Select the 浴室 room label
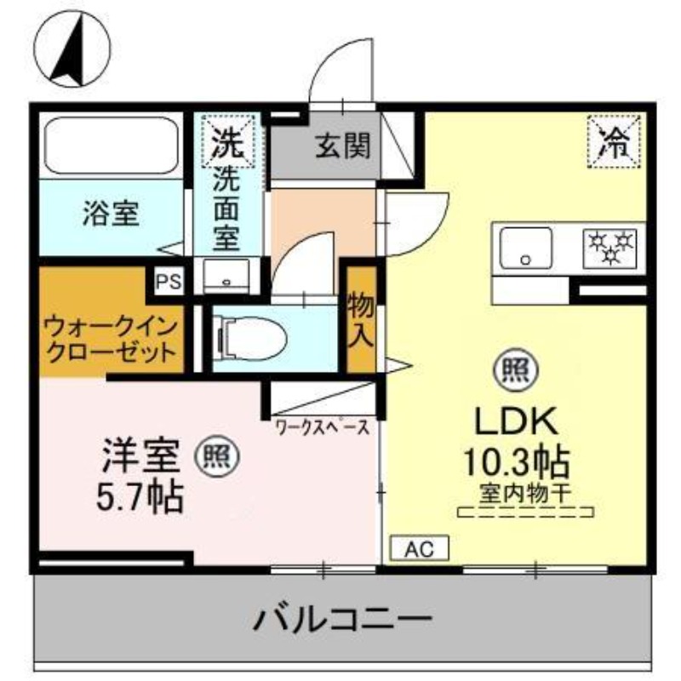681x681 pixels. (112, 214)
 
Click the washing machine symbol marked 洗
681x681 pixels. (226, 141)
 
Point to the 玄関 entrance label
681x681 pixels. (344, 148)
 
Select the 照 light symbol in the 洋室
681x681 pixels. (219, 456)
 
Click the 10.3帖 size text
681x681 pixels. (516, 461)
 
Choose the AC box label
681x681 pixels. (419, 549)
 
